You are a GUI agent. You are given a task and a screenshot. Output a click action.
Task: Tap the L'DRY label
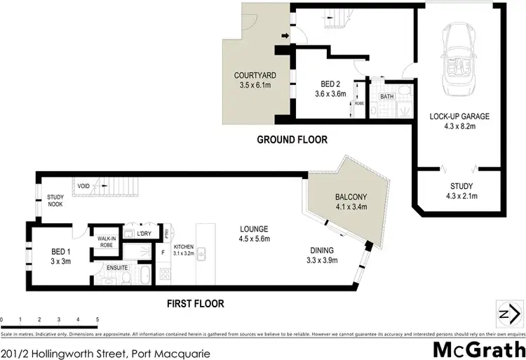tap(144, 233)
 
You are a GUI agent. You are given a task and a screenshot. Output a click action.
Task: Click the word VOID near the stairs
tap(84, 186)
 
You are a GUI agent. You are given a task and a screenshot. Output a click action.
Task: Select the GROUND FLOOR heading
tap(292, 140)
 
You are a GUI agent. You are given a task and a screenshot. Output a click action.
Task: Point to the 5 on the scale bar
tap(97, 319)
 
